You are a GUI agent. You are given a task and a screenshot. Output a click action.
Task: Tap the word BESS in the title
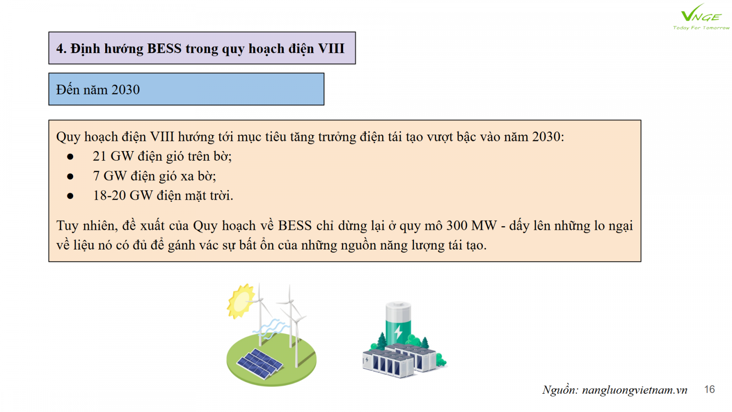tap(164, 49)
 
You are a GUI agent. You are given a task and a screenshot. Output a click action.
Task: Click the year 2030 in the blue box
tap(125, 90)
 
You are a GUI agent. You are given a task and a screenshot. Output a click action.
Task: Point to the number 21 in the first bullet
tap(99, 156)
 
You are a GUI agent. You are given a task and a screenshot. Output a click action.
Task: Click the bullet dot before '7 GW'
tap(70, 177)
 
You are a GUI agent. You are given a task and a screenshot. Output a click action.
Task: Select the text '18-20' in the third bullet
tap(109, 195)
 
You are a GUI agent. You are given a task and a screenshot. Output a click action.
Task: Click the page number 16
tap(710, 389)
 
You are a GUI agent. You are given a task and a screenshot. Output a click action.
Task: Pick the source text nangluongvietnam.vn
tap(635, 390)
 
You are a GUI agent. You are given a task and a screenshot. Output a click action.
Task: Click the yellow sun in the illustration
tap(241, 301)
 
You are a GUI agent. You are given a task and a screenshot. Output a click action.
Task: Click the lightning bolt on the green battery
tap(398, 332)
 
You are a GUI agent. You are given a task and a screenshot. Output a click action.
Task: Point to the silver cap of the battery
tap(398, 307)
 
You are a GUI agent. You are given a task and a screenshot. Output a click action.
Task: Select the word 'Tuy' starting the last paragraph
tap(67, 226)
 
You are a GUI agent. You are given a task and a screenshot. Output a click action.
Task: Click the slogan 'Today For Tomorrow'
tap(701, 28)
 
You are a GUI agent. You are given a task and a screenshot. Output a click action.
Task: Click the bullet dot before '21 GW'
tap(70, 157)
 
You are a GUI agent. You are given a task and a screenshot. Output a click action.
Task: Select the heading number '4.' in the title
tap(61, 49)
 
